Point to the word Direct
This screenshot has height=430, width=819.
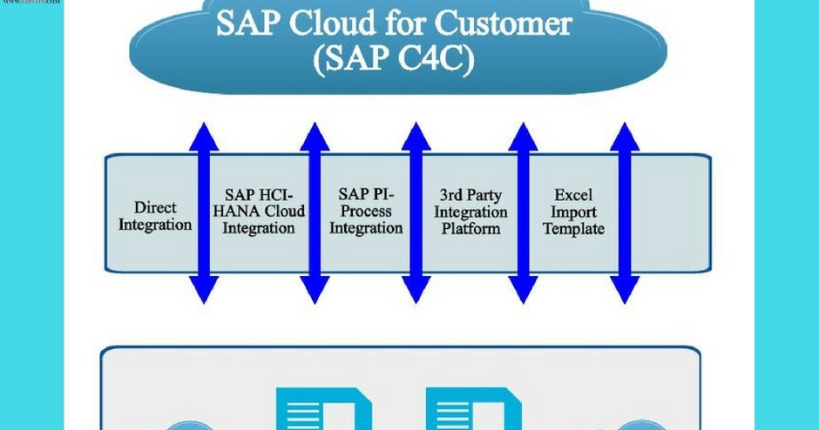[x=156, y=208]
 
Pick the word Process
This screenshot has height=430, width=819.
[x=365, y=212]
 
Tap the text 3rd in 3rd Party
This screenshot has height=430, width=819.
[x=450, y=196]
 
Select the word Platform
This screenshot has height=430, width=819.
[x=470, y=229]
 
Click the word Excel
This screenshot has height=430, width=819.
[x=572, y=196]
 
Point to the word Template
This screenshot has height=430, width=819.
[x=572, y=229]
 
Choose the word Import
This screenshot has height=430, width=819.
[x=572, y=212]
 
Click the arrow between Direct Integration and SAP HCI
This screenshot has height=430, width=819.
[x=203, y=213]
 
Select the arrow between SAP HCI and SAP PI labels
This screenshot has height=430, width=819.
[x=314, y=213]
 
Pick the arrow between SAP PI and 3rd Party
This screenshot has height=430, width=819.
[x=416, y=213]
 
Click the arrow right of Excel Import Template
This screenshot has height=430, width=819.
[x=625, y=213]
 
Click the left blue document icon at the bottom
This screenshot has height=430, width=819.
[x=323, y=411]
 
